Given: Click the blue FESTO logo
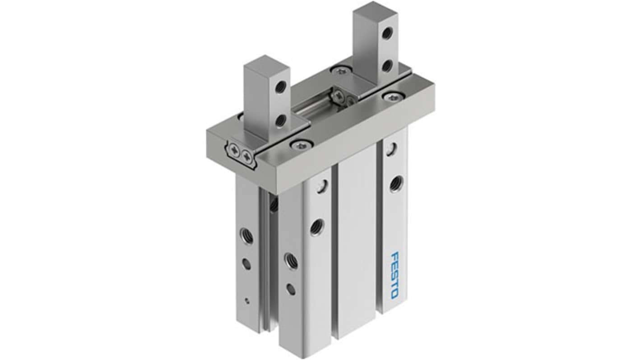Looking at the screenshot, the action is pyautogui.click(x=395, y=275).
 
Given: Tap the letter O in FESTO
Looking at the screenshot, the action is pyautogui.click(x=394, y=295).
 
